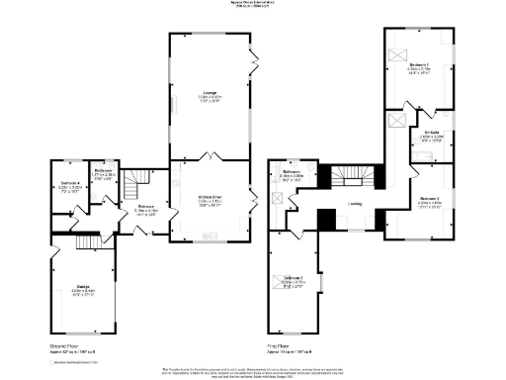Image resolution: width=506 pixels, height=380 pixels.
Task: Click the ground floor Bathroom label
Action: tap(105, 172)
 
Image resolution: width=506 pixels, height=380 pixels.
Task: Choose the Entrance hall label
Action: tap(132, 209)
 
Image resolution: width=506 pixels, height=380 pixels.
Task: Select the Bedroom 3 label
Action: tap(294, 280)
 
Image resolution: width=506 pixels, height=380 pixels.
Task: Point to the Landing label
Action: tap(354, 205)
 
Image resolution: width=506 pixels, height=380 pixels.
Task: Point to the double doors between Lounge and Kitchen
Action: tap(209, 158)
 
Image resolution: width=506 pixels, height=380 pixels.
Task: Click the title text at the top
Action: tap(253, 5)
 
